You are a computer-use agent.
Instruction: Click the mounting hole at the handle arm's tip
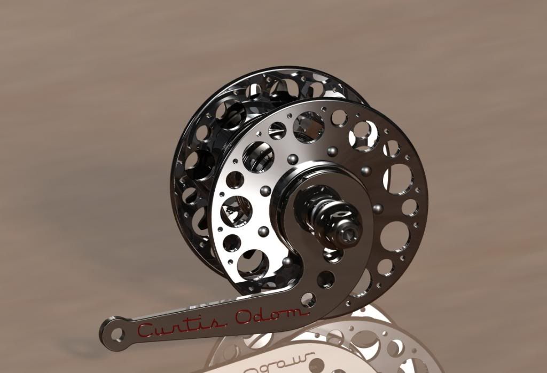pos(117,335)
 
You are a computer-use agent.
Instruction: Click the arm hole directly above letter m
pos(308,299)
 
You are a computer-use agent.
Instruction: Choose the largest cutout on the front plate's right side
pos(398,179)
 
